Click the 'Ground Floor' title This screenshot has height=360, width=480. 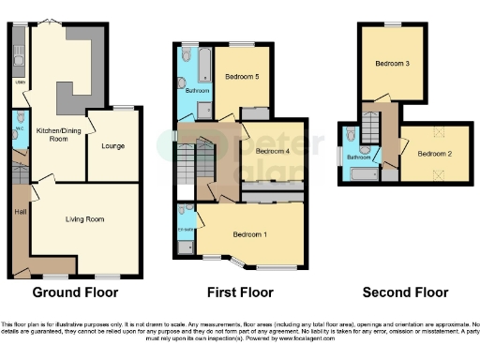75,291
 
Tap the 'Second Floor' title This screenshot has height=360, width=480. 405,291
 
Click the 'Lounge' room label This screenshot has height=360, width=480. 113,145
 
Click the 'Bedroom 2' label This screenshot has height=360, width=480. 435,153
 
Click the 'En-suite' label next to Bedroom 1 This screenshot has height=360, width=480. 186,230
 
